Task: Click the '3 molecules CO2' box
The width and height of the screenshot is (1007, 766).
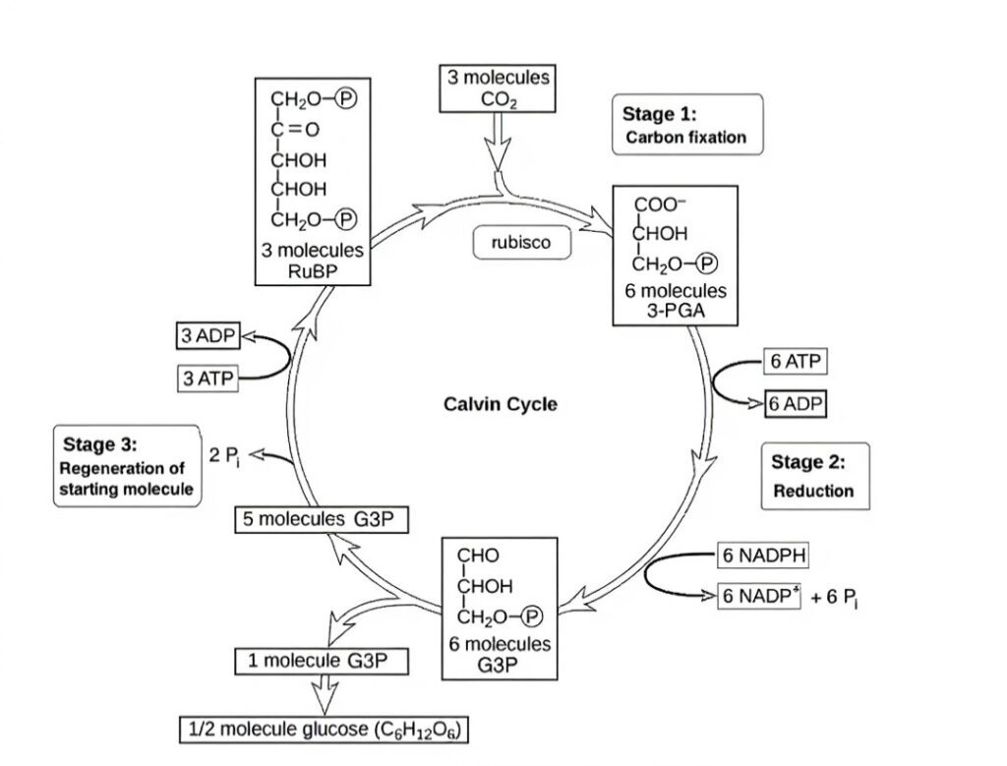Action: [x=500, y=88]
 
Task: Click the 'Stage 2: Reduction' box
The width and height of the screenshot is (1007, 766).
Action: [x=814, y=476]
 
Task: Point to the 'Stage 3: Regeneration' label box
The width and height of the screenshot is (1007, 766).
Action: [x=127, y=465]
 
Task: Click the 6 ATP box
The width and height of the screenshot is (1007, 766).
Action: [x=795, y=362]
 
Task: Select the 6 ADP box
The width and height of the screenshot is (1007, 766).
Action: [x=796, y=404]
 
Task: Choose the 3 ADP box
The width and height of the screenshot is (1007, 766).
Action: [x=207, y=335]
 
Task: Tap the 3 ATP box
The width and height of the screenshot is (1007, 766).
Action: [x=207, y=378]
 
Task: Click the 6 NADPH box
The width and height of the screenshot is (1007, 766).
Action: [x=764, y=556]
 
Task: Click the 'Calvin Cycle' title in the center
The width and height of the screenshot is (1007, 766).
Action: [x=500, y=404]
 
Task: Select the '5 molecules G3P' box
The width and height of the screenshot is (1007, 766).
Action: [x=319, y=519]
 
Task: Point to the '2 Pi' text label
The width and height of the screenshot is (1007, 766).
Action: [x=224, y=454]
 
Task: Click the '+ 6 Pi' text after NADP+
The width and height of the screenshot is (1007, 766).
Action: [x=837, y=599]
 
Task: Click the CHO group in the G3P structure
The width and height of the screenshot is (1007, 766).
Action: [x=478, y=556]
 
